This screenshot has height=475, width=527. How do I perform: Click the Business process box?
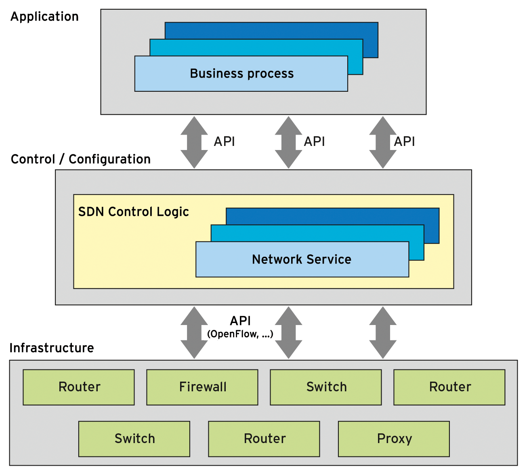click(x=241, y=74)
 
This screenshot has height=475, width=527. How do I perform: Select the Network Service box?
click(x=302, y=259)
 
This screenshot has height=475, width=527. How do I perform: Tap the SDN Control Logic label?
click(x=133, y=212)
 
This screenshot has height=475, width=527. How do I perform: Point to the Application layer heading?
click(x=44, y=17)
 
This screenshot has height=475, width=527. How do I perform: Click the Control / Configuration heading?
click(x=81, y=159)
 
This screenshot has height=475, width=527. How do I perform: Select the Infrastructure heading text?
click(x=52, y=348)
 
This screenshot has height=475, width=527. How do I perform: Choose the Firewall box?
click(x=202, y=387)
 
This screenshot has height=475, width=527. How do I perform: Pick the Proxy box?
click(x=394, y=439)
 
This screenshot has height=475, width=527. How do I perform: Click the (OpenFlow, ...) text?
click(x=240, y=334)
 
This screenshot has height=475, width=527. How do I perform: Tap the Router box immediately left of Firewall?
click(x=79, y=387)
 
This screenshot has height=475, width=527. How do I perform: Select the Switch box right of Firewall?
click(x=326, y=387)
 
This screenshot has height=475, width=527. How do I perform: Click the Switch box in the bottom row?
click(x=134, y=439)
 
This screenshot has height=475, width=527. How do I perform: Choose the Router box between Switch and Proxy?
click(x=264, y=439)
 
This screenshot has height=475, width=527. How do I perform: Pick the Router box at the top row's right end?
click(x=449, y=387)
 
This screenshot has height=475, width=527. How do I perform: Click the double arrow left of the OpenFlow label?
click(x=194, y=332)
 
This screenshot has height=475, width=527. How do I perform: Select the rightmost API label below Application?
click(x=404, y=142)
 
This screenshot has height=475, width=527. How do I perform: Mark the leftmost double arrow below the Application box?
click(x=194, y=142)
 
